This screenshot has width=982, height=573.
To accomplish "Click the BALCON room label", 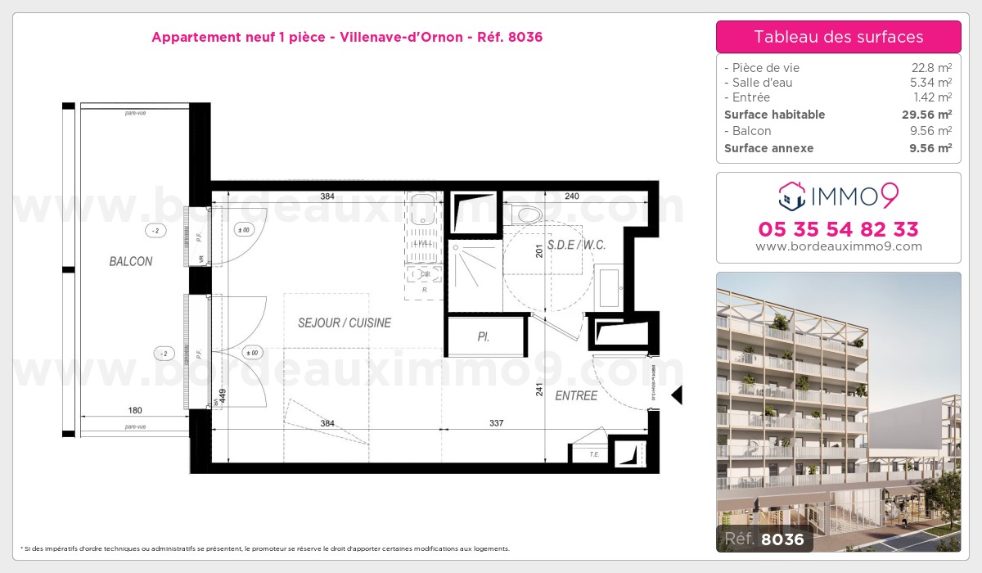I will coord(131,261).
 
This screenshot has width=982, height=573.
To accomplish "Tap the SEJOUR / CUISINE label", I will coord(345,323).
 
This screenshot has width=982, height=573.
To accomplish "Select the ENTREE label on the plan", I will coord(576,395).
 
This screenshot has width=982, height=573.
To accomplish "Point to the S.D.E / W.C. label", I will coord(577,245).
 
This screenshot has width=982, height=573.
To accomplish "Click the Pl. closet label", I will coord(484,336).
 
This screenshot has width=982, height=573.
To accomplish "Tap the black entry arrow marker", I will coord(677,395).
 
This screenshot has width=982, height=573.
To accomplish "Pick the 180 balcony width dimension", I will coord(136,410).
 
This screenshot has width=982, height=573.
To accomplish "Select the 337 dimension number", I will coord(497,423).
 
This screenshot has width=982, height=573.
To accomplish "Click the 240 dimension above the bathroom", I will coord(572,196).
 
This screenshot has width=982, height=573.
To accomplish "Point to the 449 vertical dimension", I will coord(223,397).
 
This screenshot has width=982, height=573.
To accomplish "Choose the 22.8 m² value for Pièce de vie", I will coord(932,68).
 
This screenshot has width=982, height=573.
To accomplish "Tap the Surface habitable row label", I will coord(775,115).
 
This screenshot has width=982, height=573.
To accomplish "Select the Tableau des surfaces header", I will coord(838,37).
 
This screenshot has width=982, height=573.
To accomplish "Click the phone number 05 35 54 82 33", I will coord(838,228).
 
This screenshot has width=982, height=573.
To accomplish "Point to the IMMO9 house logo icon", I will coord(790,195).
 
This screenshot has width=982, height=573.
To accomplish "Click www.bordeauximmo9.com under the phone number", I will coord(838,246).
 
